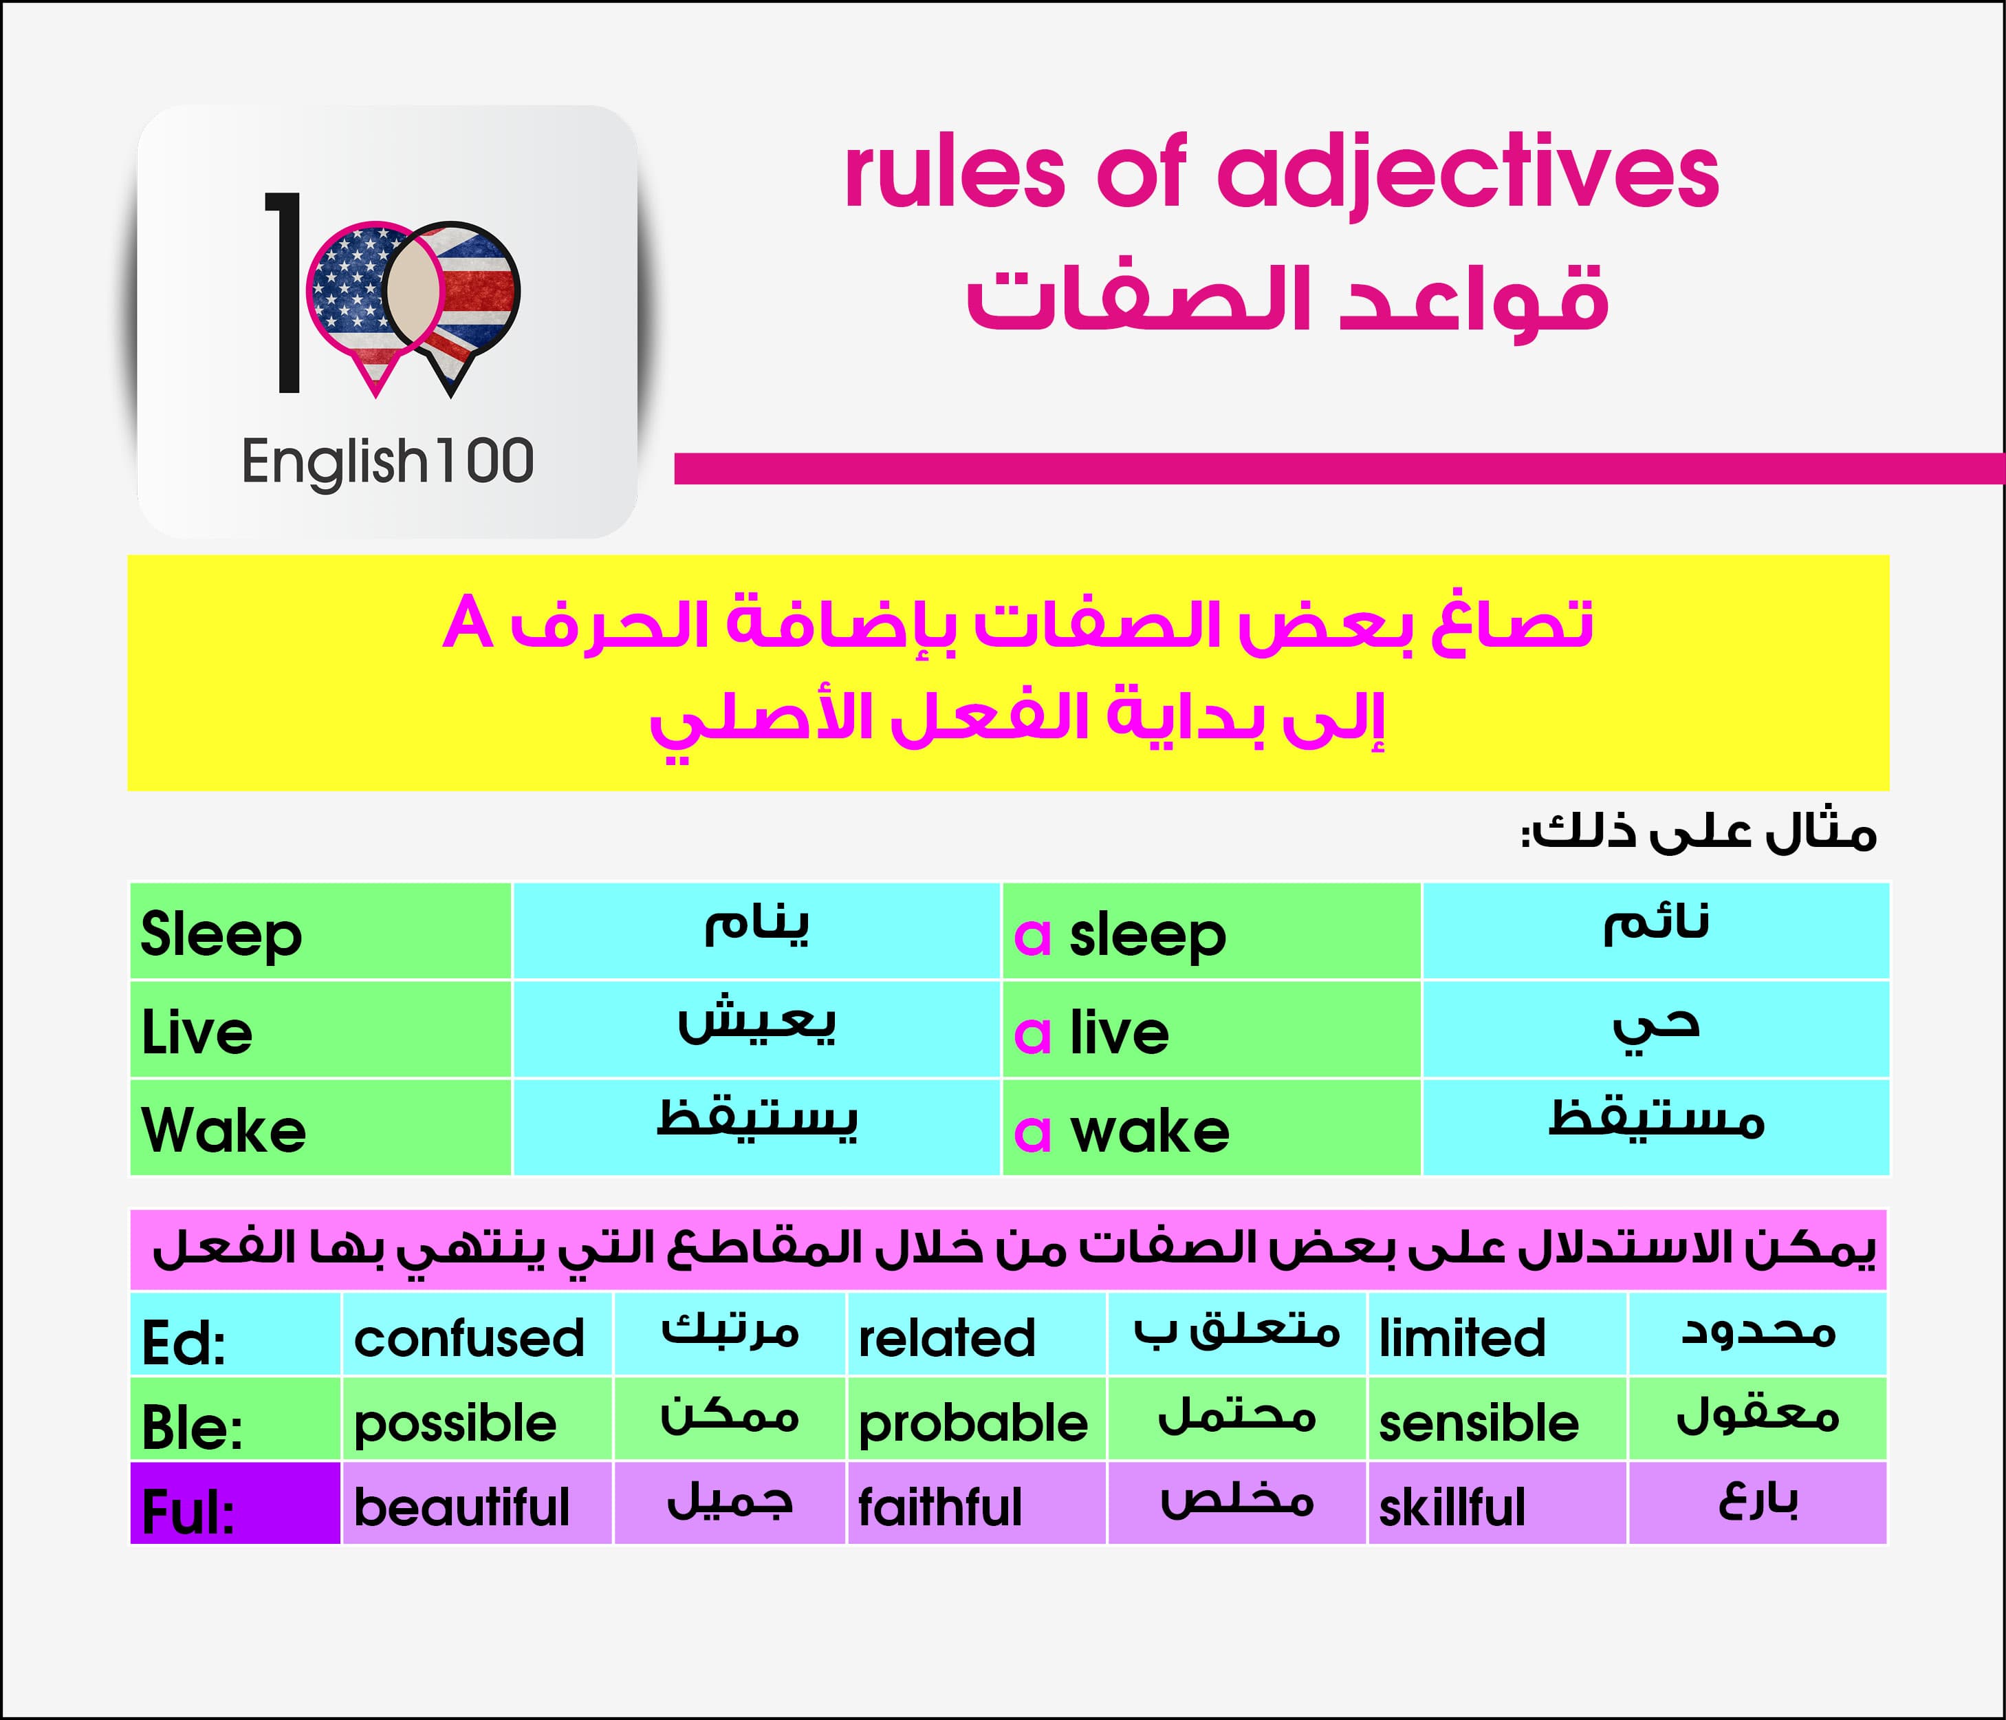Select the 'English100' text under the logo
click(x=387, y=462)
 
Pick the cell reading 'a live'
click(x=1211, y=1029)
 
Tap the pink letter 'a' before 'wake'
click(x=1032, y=1132)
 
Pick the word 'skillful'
click(x=1452, y=1507)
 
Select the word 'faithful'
click(x=940, y=1507)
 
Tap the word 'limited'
click(x=1462, y=1337)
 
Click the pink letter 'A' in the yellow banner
click(x=468, y=624)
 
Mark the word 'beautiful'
click(x=462, y=1507)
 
